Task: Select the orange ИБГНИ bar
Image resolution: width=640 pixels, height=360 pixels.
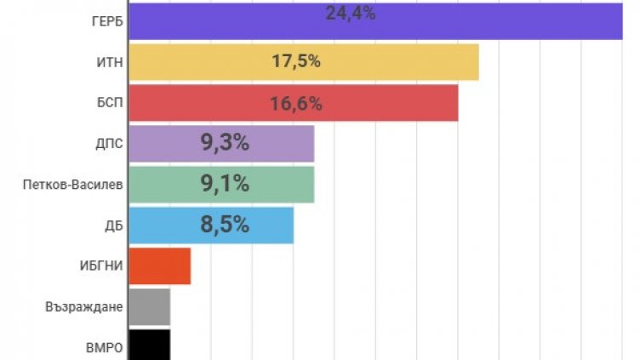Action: coord(159,266)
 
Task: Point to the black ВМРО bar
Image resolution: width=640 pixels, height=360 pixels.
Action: coord(149,345)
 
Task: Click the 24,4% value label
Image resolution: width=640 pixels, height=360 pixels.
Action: coord(350,13)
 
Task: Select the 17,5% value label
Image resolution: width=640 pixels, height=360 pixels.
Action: coord(296,62)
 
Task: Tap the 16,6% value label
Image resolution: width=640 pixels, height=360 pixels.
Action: coord(296,103)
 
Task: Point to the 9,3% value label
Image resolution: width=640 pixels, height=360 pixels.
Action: coord(225,144)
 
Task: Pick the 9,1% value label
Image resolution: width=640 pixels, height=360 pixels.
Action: coord(225,185)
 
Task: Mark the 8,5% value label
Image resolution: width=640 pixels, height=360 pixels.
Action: coord(225,226)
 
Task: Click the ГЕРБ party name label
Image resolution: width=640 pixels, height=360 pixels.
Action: coord(106,20)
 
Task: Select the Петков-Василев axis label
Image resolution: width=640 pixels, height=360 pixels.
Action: coord(73,185)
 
